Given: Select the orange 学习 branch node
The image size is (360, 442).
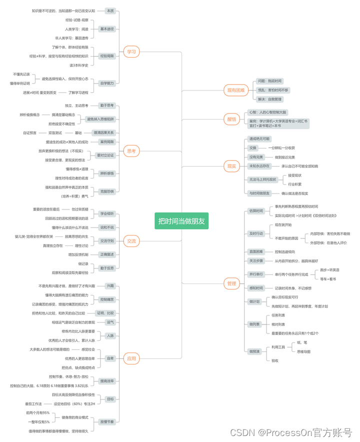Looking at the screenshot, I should pos(131,51).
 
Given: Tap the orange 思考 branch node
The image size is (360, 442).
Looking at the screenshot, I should pos(131,150).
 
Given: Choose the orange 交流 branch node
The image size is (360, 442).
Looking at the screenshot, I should pos(131,241).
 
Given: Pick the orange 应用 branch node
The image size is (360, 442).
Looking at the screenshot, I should pos(131,358).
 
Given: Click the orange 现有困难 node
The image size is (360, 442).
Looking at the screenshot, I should pos(235,90).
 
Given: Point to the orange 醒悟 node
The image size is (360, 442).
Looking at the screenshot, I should pos(231,119).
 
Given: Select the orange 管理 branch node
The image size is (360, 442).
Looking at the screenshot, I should pos(231,283).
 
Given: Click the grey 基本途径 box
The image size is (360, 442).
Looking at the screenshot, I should pos(107,29).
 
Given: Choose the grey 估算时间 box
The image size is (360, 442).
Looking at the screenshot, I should pos(256,210).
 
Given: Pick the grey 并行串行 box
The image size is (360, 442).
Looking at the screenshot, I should pos(256,274).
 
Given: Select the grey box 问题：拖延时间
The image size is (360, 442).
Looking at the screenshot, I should pos(269,81).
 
